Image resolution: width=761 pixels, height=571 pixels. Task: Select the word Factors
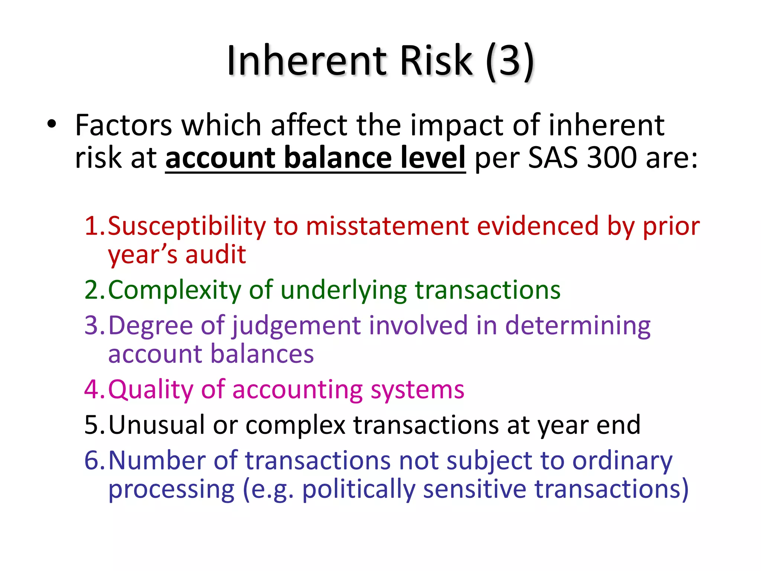click(x=123, y=125)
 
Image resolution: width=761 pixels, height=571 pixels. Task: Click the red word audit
click(x=216, y=255)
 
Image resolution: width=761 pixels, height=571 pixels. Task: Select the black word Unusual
click(x=156, y=425)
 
